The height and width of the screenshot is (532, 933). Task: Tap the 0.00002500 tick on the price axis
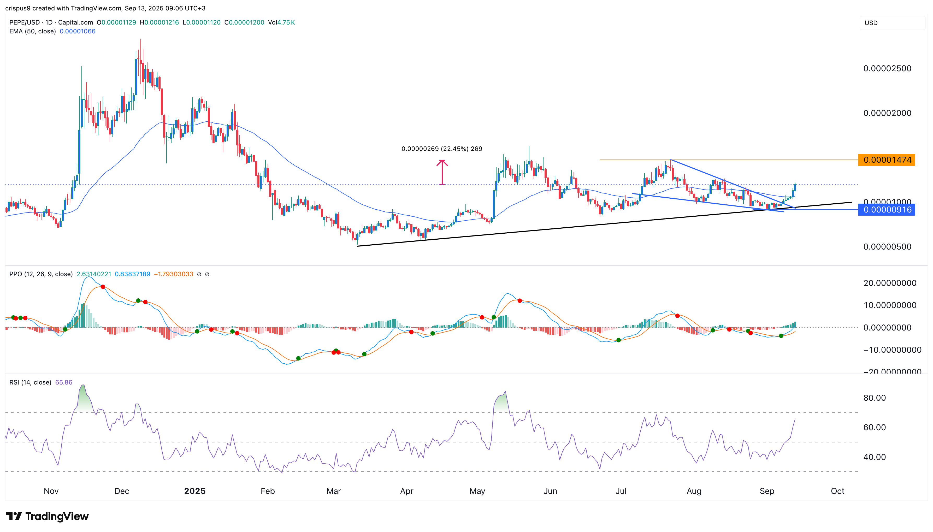[887, 69]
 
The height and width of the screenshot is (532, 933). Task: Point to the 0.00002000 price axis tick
[887, 113]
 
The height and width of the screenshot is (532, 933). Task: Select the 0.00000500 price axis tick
[887, 247]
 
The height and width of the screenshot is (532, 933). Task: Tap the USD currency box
[892, 23]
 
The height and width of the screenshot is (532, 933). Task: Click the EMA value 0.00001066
[78, 31]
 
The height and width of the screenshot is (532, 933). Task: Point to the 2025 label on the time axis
[195, 491]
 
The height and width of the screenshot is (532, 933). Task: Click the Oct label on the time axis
[837, 491]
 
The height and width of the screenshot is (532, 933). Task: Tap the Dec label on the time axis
[122, 491]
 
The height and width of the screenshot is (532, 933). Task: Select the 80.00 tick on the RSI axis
[874, 398]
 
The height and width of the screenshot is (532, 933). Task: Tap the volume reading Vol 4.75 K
[281, 22]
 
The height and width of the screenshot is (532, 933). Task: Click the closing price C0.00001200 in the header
[244, 22]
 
